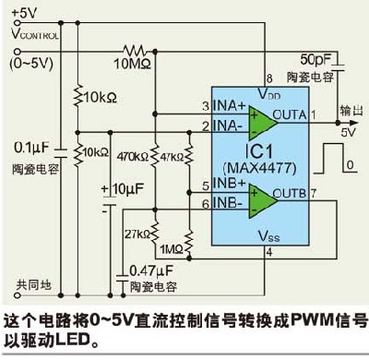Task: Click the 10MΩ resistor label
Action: click(x=132, y=64)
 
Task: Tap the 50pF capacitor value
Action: click(x=315, y=59)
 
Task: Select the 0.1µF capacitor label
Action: click(x=31, y=148)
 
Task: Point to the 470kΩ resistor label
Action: click(x=133, y=157)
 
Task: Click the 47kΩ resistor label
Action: click(x=172, y=157)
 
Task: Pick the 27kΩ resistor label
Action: click(x=137, y=234)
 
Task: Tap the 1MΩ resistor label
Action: click(x=172, y=249)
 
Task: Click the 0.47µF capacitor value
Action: click(x=151, y=270)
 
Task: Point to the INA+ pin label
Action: click(x=230, y=105)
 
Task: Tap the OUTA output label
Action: click(x=290, y=114)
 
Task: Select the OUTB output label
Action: click(x=290, y=193)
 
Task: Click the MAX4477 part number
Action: click(x=260, y=168)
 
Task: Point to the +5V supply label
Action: click(x=24, y=13)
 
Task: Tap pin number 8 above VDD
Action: click(x=269, y=78)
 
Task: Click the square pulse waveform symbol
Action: click(x=335, y=158)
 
